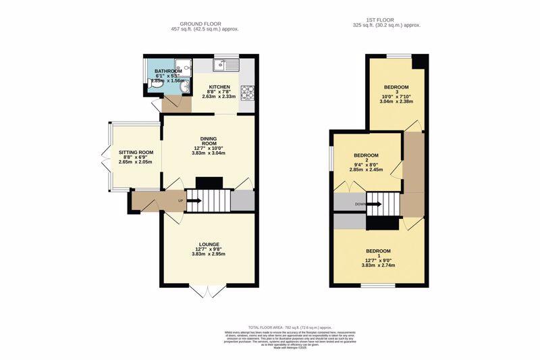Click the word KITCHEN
219,87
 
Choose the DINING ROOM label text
208,141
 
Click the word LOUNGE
208,245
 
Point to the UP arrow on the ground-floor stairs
181,201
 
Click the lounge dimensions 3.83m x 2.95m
208,255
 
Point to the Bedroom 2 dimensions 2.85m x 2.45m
367,170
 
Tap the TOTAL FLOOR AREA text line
279,327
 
